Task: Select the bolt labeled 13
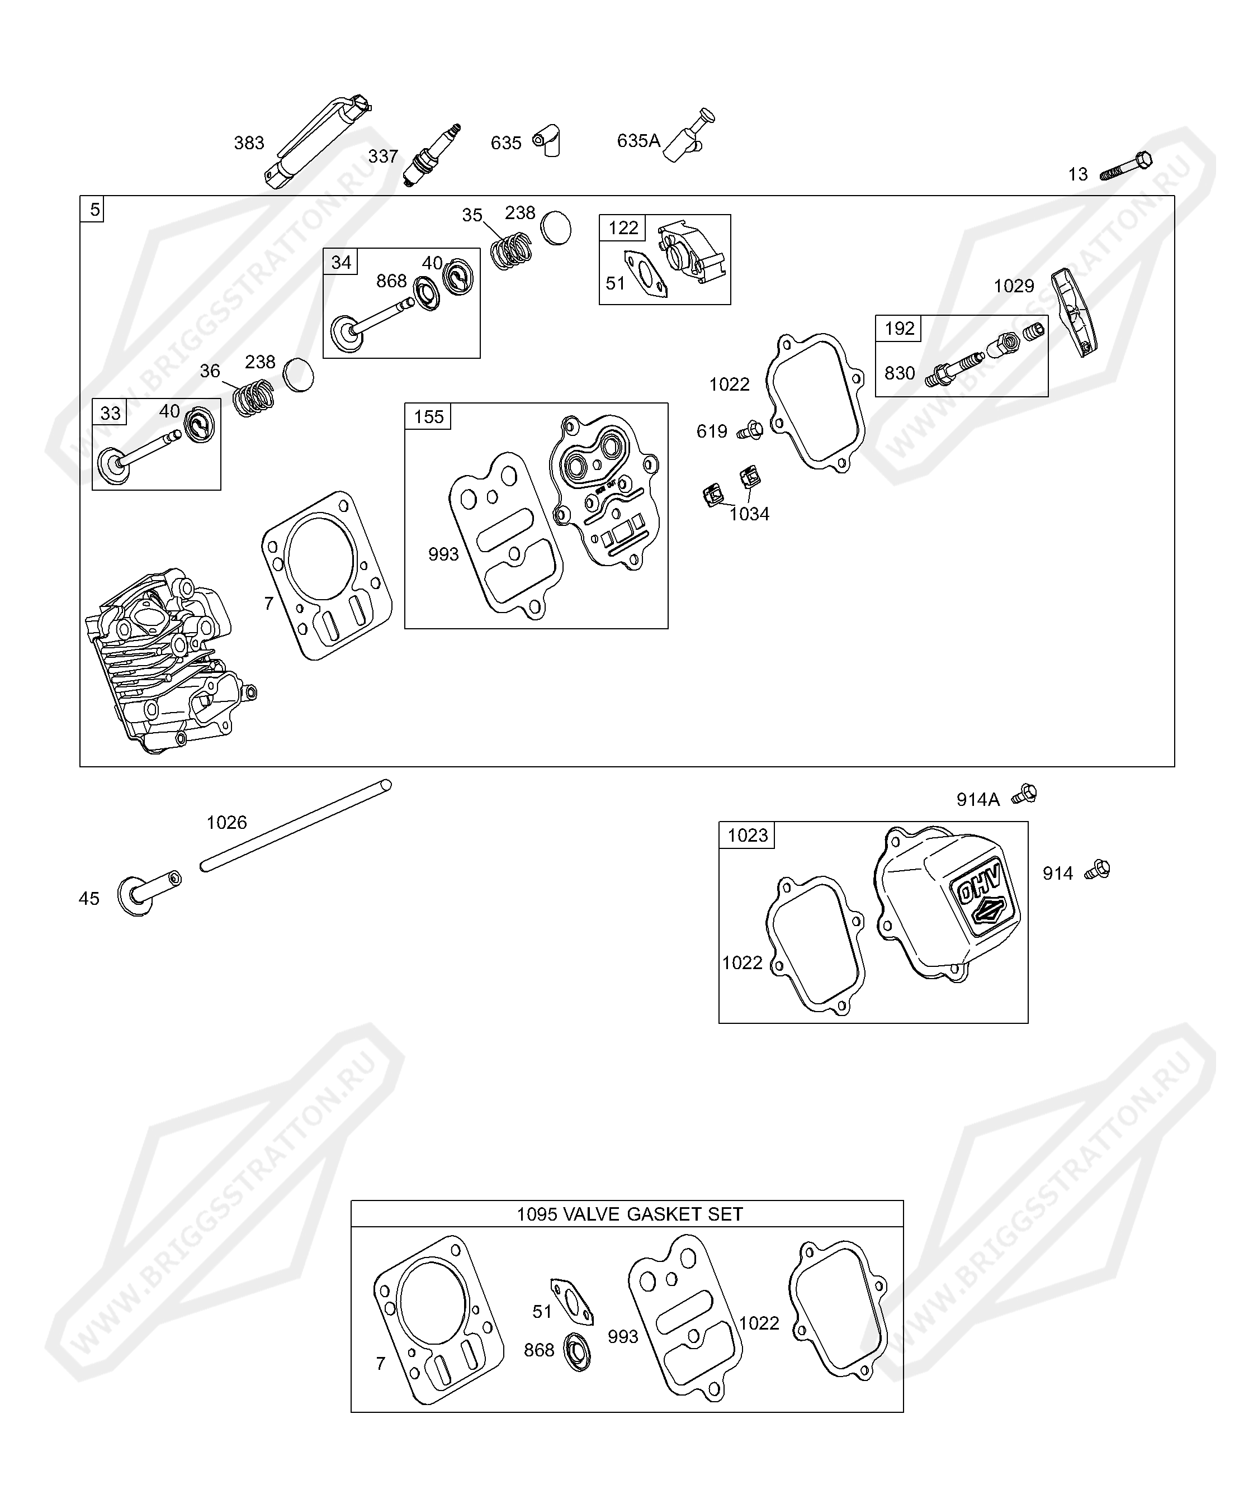1125,166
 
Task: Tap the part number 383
249,143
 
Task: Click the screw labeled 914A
1024,794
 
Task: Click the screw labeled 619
750,430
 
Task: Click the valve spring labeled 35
511,250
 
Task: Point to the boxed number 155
428,417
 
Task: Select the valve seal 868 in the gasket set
577,1351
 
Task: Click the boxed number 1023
747,835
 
